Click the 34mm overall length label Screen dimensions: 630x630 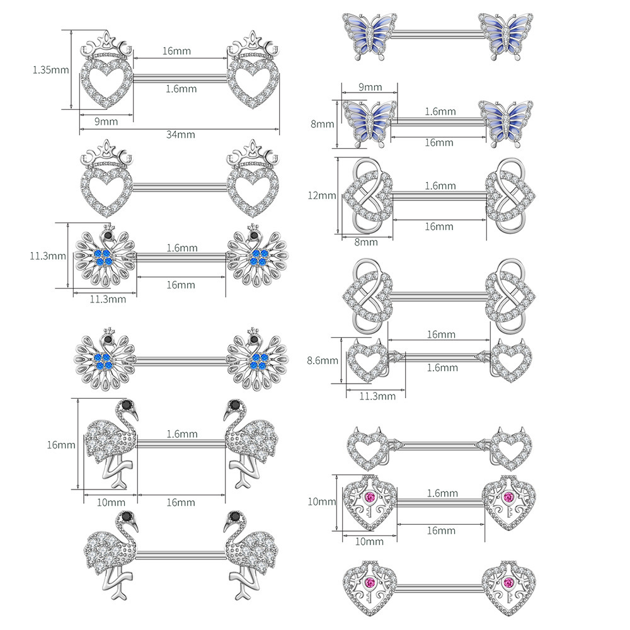click(180, 135)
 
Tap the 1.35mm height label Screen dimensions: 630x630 click(50, 70)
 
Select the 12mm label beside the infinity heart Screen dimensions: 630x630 click(321, 196)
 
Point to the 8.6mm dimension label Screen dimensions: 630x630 click(323, 360)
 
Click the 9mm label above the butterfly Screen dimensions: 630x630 click(370, 87)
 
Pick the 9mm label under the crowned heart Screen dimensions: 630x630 click(106, 122)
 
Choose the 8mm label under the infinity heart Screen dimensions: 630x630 click(365, 242)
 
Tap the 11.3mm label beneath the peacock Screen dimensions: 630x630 click(108, 299)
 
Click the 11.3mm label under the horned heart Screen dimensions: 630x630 click(377, 396)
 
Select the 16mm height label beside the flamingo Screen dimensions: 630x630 click(61, 445)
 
